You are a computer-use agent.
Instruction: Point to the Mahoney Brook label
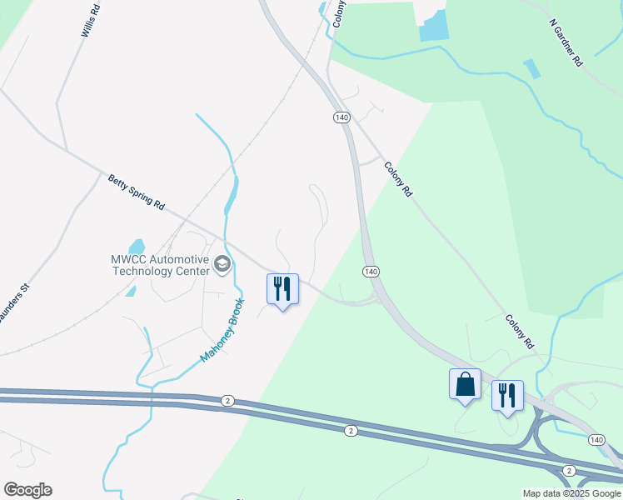(222, 330)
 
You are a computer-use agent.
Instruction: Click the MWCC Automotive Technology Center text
(159, 265)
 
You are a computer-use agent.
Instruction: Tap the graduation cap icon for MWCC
(222, 265)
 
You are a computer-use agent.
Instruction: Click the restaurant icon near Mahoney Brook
(282, 289)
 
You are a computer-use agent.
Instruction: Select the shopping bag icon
(465, 384)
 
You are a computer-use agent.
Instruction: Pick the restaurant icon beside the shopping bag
(506, 395)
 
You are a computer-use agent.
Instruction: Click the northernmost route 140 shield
(341, 117)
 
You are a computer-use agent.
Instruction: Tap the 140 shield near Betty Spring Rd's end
(371, 272)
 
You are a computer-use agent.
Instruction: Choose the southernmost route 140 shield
(596, 439)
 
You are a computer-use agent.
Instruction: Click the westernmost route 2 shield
(227, 401)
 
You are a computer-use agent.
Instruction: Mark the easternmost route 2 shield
(568, 471)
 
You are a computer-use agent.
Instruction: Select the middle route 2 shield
(351, 430)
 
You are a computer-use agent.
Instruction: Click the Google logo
(27, 490)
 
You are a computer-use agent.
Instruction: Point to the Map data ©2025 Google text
(571, 493)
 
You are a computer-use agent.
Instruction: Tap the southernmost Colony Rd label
(517, 332)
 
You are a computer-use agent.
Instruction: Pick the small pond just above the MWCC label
(137, 247)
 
